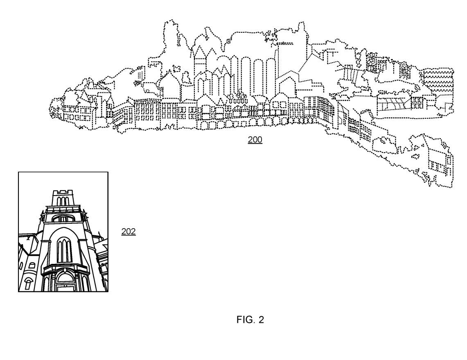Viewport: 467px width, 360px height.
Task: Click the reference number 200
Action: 255,140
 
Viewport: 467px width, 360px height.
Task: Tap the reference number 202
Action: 128,232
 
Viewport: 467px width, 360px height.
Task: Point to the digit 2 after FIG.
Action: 261,320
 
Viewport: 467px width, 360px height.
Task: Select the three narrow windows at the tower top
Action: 62,201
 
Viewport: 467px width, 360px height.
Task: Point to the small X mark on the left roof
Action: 28,237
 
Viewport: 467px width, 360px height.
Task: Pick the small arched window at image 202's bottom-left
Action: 28,283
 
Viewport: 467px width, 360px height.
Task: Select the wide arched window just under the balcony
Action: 63,219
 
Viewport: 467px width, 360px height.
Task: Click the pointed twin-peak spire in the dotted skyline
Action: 201,53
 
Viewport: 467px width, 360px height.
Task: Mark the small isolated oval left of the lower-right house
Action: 416,156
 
